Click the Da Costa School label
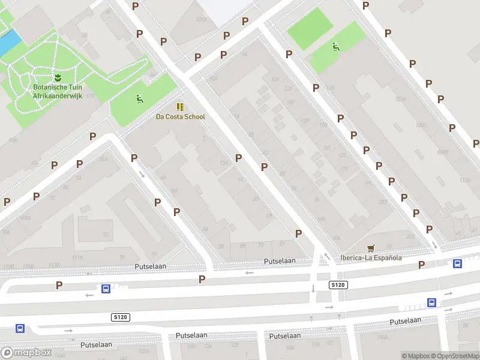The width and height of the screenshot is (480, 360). coord(180,117)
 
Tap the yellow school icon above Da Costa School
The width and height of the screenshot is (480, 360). coord(180,106)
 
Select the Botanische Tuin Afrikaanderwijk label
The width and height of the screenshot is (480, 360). coord(58,91)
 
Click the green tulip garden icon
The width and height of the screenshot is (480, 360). coord(58,77)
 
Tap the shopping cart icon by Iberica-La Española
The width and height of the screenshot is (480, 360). coord(371,248)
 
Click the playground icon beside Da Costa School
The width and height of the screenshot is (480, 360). coord(139,100)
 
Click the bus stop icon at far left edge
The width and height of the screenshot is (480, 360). coord(20,328)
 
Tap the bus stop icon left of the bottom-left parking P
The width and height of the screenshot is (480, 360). coord(106,289)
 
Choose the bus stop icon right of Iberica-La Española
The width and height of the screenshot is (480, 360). coord(457,263)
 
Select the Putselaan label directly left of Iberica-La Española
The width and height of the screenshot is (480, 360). coord(280,261)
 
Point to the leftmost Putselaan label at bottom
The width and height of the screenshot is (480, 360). coord(97,345)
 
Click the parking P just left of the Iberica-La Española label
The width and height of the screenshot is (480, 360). coord(298,233)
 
